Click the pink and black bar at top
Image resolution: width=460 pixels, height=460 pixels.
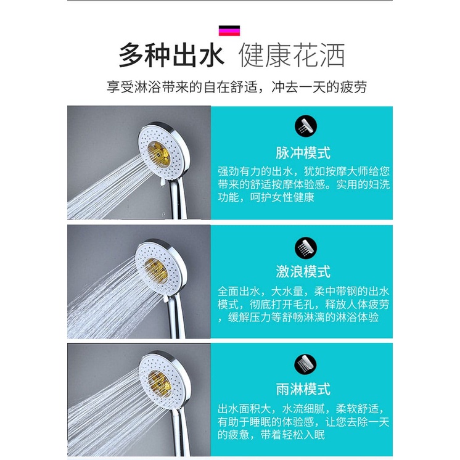pos(229,30)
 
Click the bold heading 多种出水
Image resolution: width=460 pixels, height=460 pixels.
pos(171,55)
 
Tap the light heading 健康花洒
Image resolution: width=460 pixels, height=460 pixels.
pos(292,55)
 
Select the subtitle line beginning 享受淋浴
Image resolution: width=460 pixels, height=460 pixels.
pos(236,87)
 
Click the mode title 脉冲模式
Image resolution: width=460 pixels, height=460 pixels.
pos(303,153)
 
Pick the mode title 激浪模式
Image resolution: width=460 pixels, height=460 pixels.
pos(303,271)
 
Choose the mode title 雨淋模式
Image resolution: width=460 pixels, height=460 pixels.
pos(303,389)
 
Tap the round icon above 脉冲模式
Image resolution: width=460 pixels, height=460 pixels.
pos(306,126)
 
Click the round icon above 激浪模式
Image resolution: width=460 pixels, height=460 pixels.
pos(306,248)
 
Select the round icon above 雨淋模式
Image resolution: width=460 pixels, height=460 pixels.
pos(305,365)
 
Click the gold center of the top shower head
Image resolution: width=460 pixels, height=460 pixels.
pos(158,153)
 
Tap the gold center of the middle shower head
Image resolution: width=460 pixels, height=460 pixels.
pos(156,271)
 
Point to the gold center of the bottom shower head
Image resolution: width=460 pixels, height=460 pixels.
pos(160,382)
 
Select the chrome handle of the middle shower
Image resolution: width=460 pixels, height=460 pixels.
pos(176,317)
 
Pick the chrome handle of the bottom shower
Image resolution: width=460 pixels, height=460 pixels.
pos(180,431)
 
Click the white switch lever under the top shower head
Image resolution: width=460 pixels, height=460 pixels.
pos(162,182)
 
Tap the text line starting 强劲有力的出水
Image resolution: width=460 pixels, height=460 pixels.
pos(303,171)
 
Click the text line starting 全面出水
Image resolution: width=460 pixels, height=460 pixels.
pos(303,291)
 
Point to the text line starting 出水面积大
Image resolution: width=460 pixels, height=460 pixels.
pos(301,409)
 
